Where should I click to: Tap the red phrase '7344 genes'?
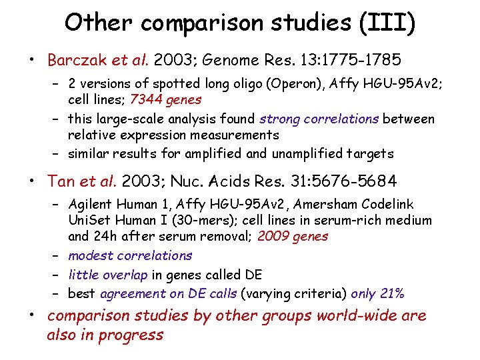166,99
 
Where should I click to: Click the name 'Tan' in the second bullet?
61,181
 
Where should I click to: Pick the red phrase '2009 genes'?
293,235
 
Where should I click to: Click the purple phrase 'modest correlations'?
130,255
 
